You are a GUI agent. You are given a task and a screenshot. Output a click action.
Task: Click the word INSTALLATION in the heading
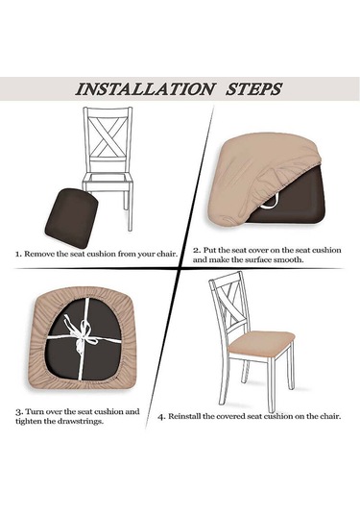coord(146,89)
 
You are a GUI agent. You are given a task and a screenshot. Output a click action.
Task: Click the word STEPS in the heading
coord(253,89)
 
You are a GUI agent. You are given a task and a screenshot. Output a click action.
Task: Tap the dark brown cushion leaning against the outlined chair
coord(72,218)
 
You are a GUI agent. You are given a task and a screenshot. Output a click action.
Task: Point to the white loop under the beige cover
coord(269,203)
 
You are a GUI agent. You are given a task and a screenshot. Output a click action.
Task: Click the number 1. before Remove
coord(18,254)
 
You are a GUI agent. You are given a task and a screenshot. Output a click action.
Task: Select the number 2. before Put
coord(197,251)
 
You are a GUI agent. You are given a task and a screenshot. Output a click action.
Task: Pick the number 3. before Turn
coord(19,412)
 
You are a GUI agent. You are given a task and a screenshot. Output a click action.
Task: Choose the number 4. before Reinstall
coord(162,417)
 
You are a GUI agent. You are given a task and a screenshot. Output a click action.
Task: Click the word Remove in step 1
coord(37,254)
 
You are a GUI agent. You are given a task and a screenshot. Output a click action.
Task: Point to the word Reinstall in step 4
coord(184,417)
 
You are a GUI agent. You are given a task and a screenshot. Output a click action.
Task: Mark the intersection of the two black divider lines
coord(181,269)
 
